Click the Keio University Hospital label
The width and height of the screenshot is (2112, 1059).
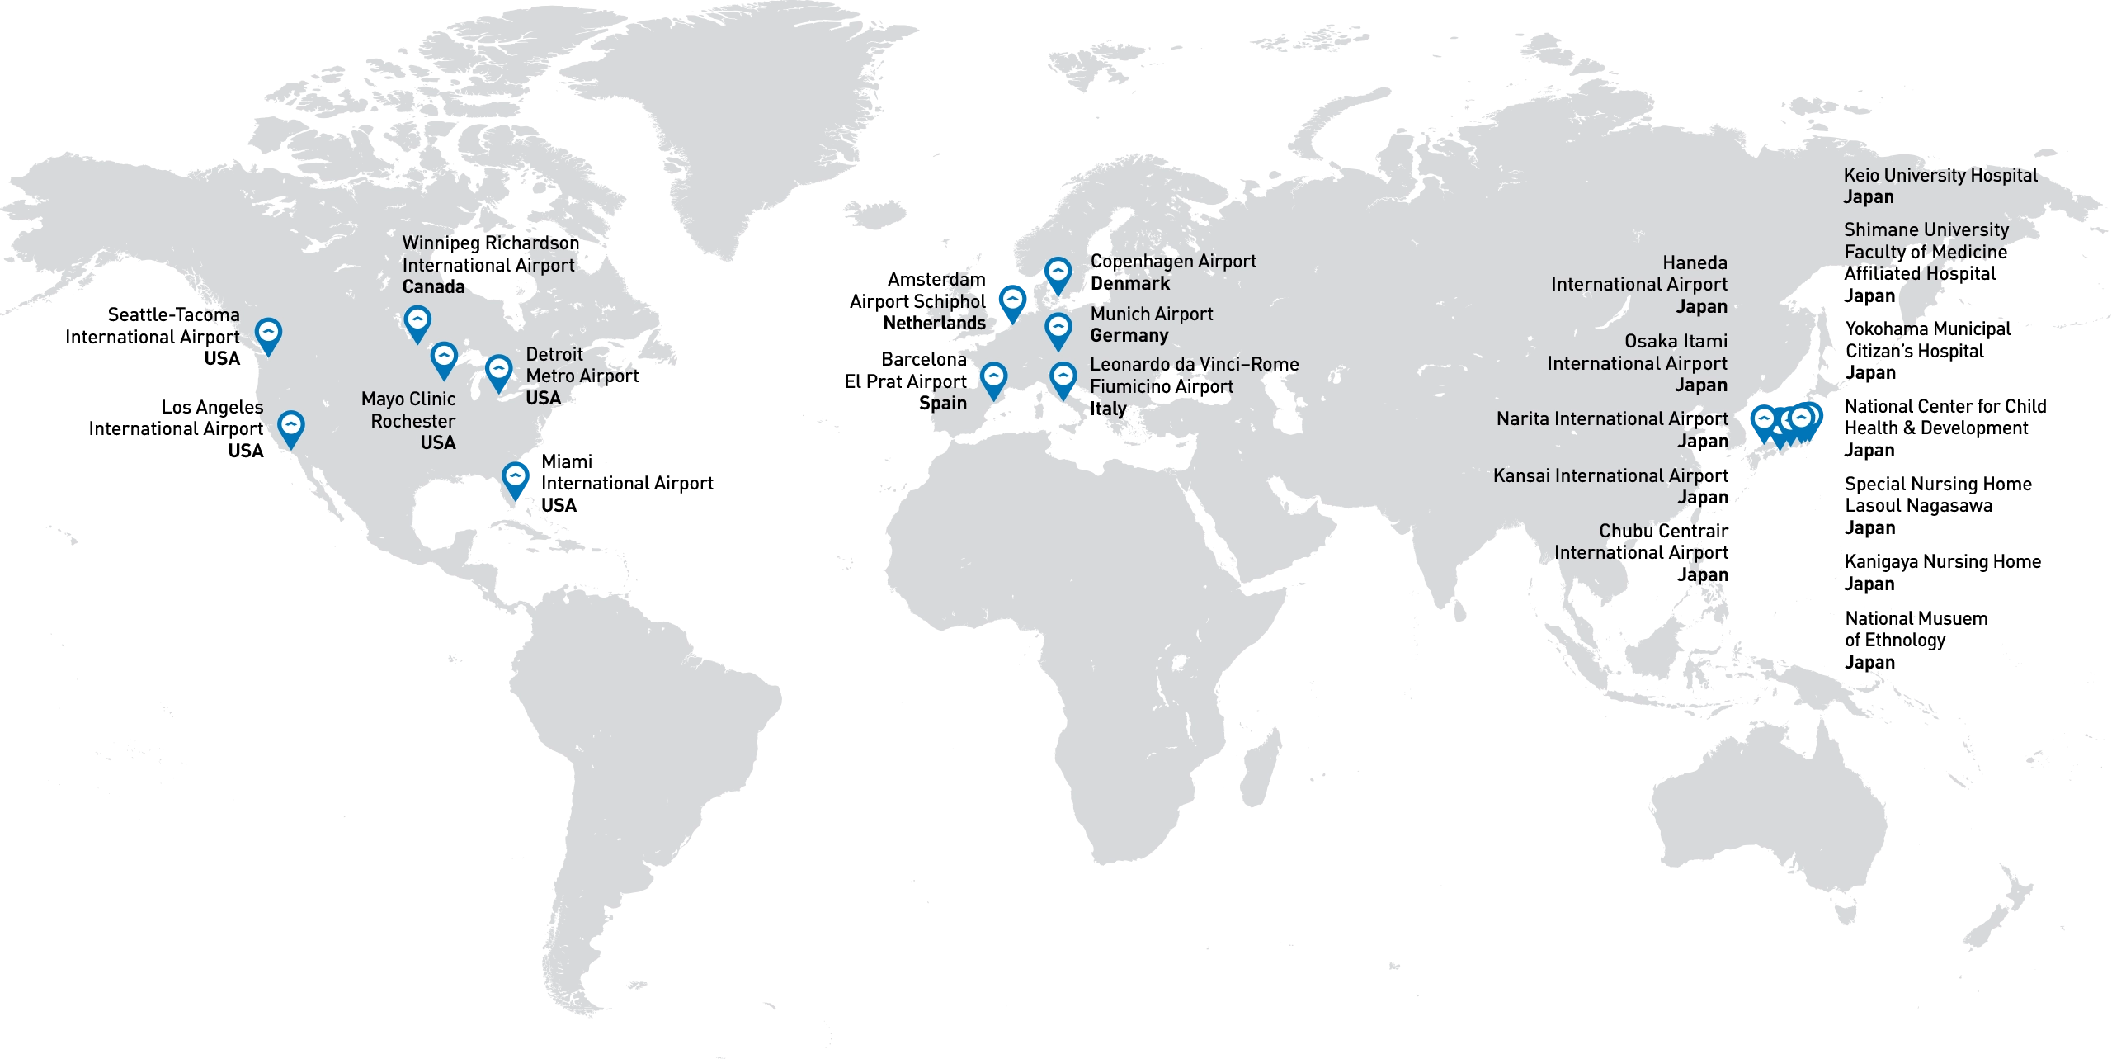tap(1940, 176)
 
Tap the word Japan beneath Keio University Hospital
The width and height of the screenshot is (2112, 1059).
tap(1869, 197)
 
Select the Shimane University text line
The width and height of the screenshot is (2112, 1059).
tap(1926, 229)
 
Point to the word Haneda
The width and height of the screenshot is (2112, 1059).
tap(1695, 262)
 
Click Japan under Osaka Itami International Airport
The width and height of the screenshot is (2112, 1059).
tap(1700, 385)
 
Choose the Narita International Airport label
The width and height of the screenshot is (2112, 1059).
tap(1611, 419)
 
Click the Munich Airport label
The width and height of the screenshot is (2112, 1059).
tap(1152, 314)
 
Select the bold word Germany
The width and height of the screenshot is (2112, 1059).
tap(1129, 336)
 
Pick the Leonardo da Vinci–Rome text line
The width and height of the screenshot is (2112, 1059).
tap(1194, 365)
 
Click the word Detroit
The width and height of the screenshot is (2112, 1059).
tap(554, 354)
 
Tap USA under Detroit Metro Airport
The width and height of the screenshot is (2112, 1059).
tap(543, 398)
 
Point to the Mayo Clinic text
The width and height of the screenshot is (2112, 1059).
tap(408, 399)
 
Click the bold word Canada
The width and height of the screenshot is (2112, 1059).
tap(433, 287)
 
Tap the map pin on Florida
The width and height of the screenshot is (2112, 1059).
tap(516, 478)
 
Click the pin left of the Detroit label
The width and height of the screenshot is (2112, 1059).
tap(498, 371)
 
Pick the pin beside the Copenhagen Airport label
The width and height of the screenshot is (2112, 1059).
tap(1058, 272)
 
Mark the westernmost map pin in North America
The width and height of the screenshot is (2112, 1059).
tap(268, 333)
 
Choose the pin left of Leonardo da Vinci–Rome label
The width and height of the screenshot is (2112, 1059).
tap(1063, 378)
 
